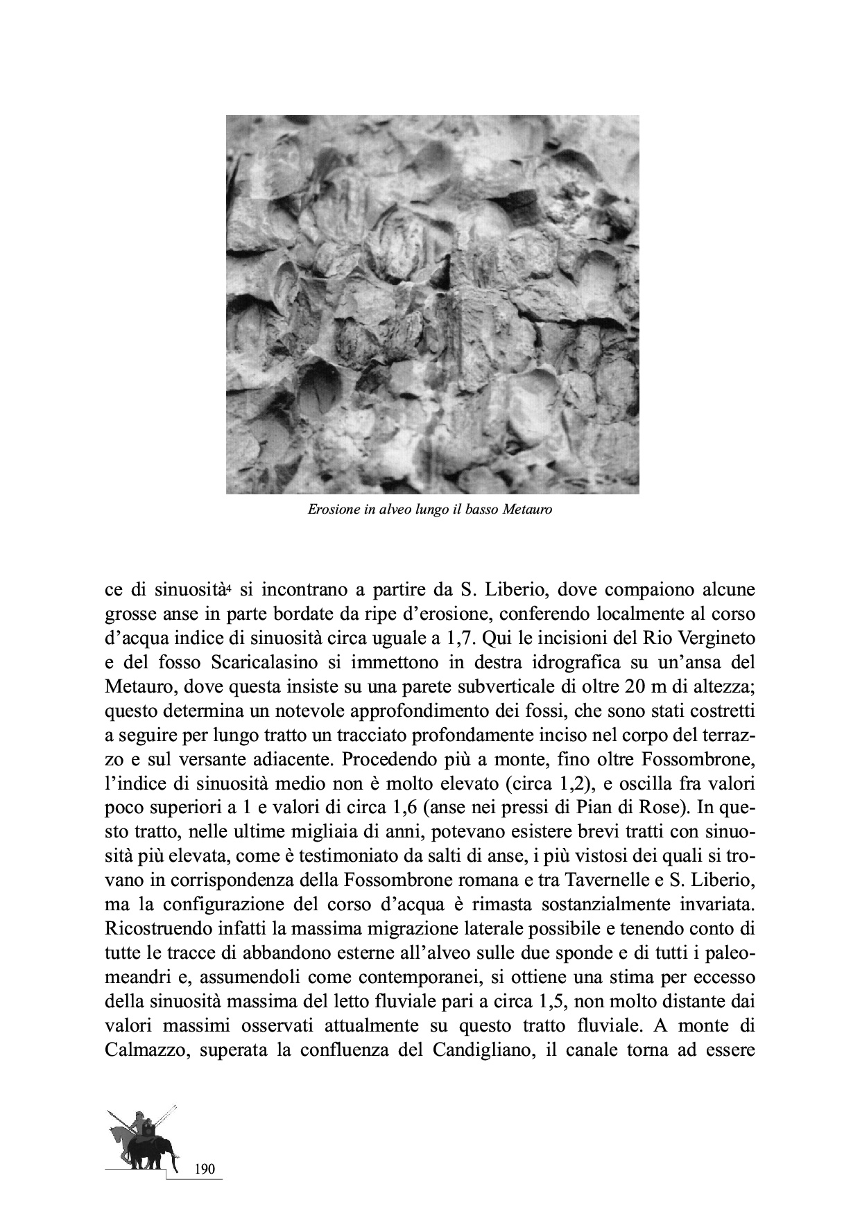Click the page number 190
pyautogui.click(x=205, y=1170)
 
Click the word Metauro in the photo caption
pyautogui.click(x=526, y=510)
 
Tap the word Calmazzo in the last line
pyautogui.click(x=146, y=1050)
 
